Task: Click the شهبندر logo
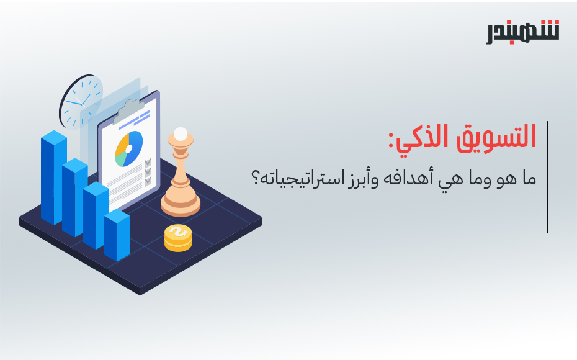523,32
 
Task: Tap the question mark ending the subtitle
255,178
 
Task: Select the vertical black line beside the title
547,177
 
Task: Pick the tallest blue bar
54,177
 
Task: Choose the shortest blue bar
117,235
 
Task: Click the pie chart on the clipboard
129,149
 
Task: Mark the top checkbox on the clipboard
148,163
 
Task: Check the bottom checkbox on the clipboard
148,181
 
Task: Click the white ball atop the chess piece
181,133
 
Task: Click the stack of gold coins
178,238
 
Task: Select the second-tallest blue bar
74,197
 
